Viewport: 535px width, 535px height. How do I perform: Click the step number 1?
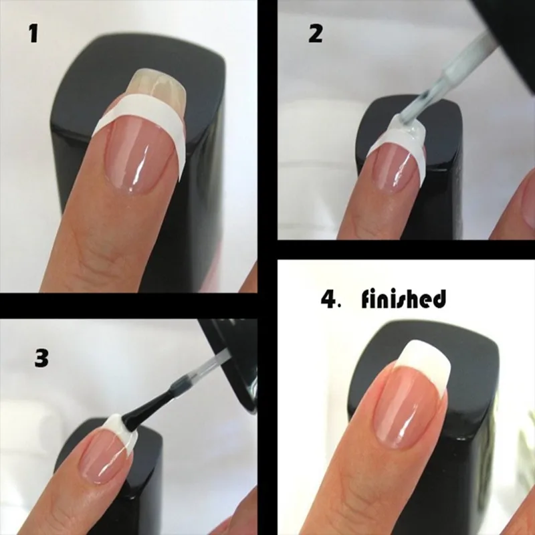pyautogui.click(x=33, y=34)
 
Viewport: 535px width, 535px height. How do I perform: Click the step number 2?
pyautogui.click(x=315, y=34)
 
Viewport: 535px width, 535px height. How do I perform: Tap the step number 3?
pyautogui.click(x=41, y=358)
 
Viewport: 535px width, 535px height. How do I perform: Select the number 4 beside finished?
pyautogui.click(x=329, y=299)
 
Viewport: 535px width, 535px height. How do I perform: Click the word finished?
pyautogui.click(x=403, y=299)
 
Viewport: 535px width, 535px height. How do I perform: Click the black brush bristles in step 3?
pyautogui.click(x=147, y=409)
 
